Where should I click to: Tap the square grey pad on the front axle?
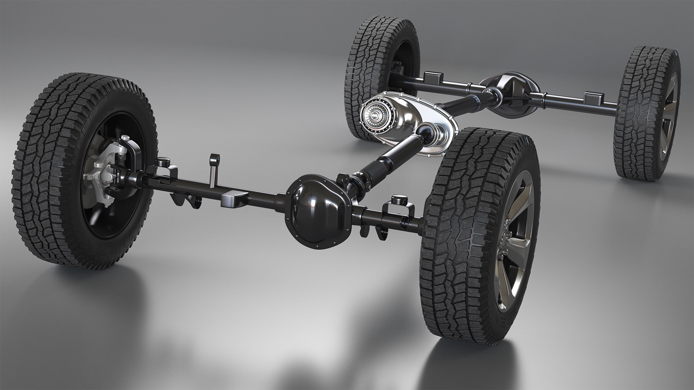(234, 199)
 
